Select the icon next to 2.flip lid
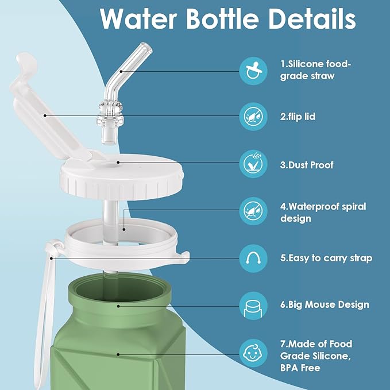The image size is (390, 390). (x=253, y=117)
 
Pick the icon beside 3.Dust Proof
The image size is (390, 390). (x=253, y=164)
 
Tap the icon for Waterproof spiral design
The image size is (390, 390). (x=253, y=211)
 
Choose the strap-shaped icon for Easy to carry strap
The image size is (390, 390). (x=253, y=258)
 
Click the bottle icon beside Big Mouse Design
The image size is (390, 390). (x=253, y=305)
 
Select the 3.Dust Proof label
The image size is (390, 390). (x=307, y=165)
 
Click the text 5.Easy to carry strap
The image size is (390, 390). (x=326, y=258)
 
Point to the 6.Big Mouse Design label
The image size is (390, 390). (x=325, y=305)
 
